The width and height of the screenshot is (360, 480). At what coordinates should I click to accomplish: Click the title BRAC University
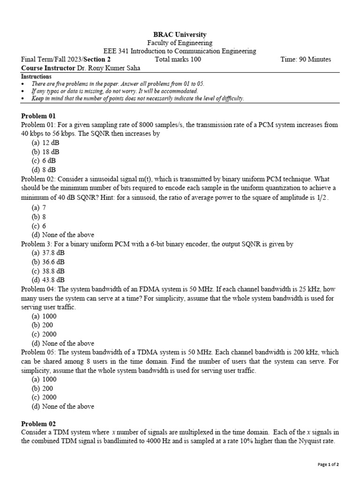pyautogui.click(x=180, y=35)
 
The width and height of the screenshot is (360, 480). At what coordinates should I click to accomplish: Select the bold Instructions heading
pyautogui.click(x=37, y=76)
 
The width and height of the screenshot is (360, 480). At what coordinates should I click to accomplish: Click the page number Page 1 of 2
pyautogui.click(x=328, y=465)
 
